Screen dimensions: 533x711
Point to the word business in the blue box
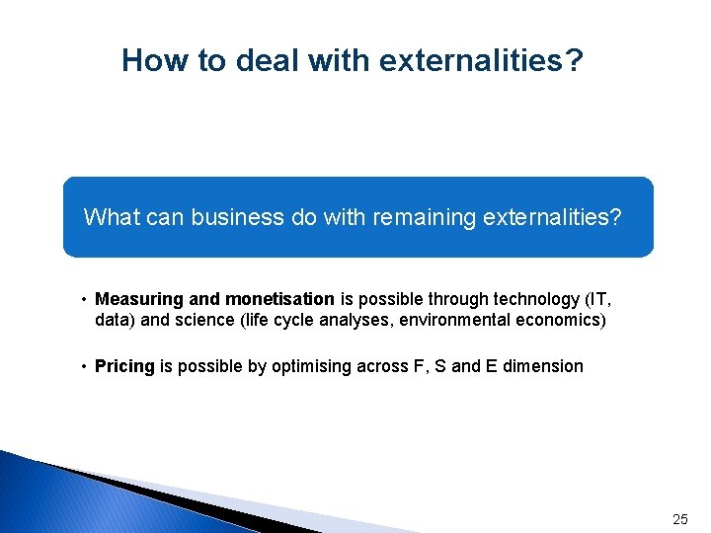point(223,216)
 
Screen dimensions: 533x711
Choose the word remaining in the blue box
point(415,216)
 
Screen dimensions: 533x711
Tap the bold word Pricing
point(124,366)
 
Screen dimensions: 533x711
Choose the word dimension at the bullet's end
point(543,366)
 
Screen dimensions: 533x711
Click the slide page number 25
point(679,518)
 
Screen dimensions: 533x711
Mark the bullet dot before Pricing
point(86,367)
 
